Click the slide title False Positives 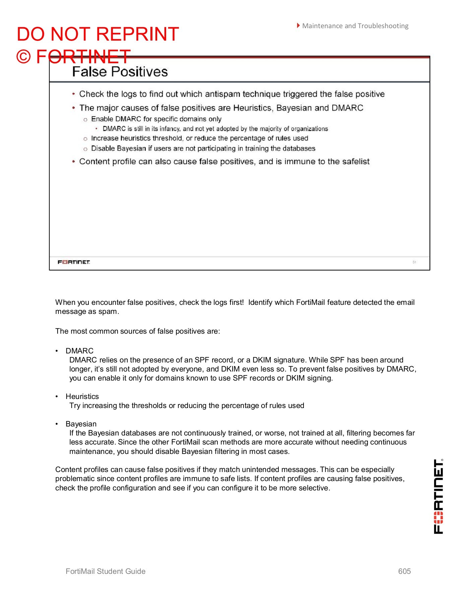click(x=120, y=72)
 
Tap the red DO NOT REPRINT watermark click(x=98, y=34)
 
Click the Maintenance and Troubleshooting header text click(x=355, y=26)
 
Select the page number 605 click(x=404, y=571)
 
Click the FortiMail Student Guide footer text click(x=106, y=571)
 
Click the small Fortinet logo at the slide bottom click(x=74, y=262)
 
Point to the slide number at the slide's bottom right click(x=414, y=262)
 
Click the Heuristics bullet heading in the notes click(x=82, y=396)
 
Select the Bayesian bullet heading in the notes click(x=81, y=424)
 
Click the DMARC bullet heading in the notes click(x=79, y=351)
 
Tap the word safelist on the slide click(x=355, y=161)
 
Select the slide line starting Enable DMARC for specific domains click(x=156, y=119)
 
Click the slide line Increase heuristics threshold click(x=199, y=138)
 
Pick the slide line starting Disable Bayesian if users click(x=203, y=148)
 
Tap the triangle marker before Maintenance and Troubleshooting click(x=298, y=25)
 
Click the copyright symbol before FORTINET click(x=23, y=57)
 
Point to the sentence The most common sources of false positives click(x=137, y=331)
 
